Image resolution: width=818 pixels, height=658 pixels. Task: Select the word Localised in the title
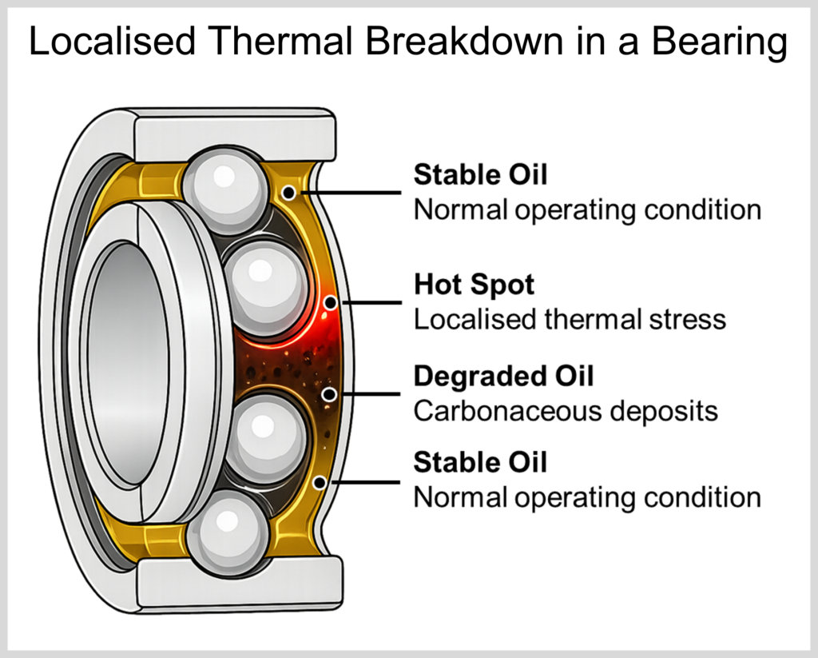113,41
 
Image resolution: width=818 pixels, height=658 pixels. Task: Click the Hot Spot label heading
474,285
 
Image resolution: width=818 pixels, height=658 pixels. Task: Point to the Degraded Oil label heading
503,376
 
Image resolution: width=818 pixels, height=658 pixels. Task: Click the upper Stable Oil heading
480,174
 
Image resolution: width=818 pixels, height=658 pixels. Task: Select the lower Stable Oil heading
480,462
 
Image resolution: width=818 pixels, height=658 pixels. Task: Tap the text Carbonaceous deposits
566,411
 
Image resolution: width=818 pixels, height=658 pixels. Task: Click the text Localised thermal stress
570,319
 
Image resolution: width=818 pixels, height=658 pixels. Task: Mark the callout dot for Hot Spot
330,302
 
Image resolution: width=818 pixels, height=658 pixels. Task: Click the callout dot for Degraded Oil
328,394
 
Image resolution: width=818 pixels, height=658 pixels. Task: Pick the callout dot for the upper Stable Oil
288,193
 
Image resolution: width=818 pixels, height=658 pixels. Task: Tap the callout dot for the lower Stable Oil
320,483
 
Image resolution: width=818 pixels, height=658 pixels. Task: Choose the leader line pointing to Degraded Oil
368,394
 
